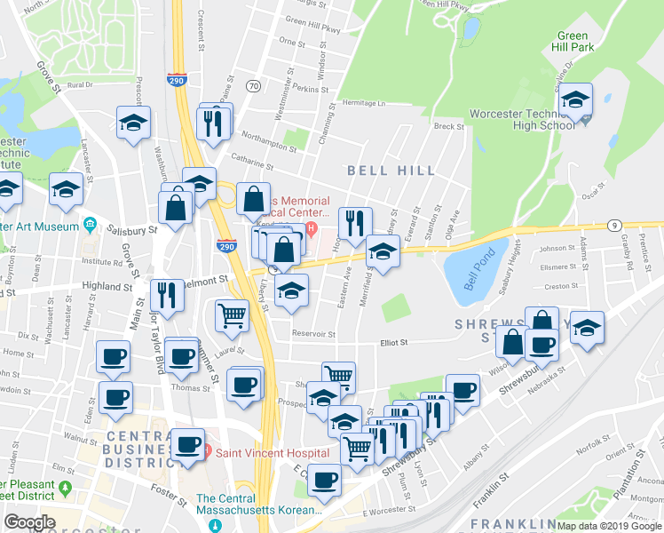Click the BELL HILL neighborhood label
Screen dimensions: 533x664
(x=391, y=170)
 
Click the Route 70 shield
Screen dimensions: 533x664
(x=254, y=85)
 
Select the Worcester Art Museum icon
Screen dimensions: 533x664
(x=90, y=223)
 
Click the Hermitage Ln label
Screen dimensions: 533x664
(x=366, y=103)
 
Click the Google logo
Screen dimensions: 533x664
(x=28, y=522)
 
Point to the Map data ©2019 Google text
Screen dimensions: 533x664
(x=609, y=526)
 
